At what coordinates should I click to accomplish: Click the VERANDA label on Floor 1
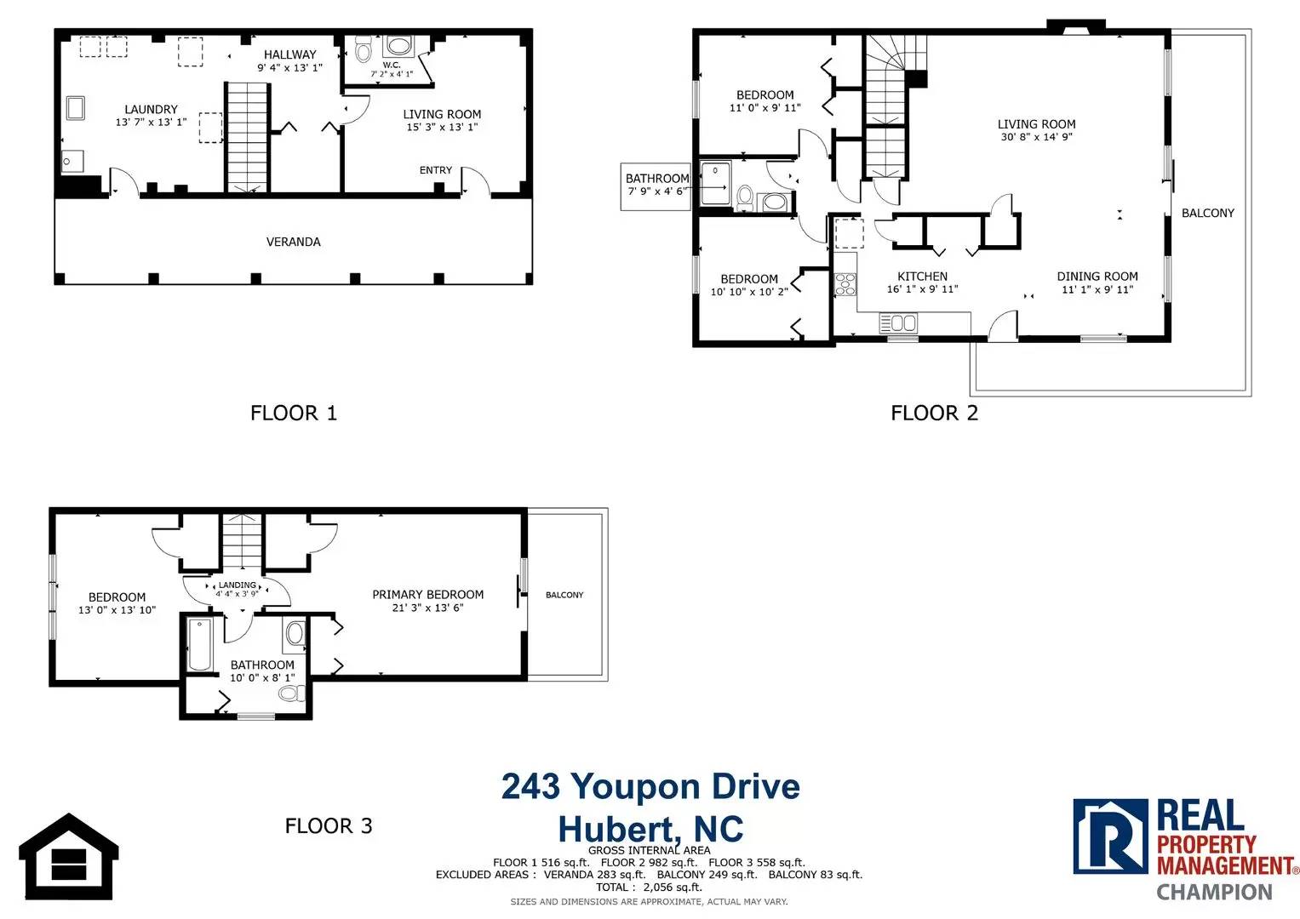coord(293,242)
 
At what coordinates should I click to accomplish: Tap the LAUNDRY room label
coord(151,109)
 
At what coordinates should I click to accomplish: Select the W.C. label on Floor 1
coord(392,65)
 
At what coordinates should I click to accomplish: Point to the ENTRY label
coord(435,170)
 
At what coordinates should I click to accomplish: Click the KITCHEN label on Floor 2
coord(922,277)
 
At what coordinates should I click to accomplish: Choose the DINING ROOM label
coord(1097,277)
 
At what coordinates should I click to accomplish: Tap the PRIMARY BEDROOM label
coord(427,595)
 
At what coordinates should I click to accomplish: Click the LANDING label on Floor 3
coord(238,585)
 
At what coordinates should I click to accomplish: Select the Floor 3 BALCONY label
coord(564,595)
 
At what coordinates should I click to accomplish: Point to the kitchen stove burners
coord(845,284)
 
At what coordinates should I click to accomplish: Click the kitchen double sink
coord(898,323)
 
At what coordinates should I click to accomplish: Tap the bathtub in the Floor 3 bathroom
coord(200,645)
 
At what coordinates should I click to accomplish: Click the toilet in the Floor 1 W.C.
coord(364,49)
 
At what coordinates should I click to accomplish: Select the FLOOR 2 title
coord(935,413)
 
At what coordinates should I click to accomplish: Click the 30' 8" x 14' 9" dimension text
coord(1037,137)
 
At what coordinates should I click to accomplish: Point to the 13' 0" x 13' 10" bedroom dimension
coord(117,610)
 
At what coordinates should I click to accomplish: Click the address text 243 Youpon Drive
coord(650,787)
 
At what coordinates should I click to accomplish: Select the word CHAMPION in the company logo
coord(1214,892)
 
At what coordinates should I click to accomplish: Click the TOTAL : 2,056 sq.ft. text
coord(649,887)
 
